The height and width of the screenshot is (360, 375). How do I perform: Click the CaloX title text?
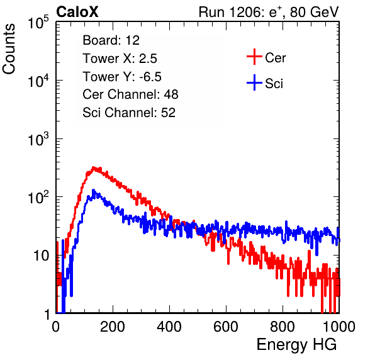coord(77,12)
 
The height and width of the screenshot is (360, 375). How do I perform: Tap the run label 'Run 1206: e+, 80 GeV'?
coord(269,12)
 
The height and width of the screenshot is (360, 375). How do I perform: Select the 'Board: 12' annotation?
coord(111,40)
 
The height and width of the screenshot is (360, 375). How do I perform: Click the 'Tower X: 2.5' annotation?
coord(120,59)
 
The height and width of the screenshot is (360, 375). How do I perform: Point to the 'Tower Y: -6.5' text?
coord(122,77)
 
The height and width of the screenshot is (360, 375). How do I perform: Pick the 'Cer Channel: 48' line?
coord(130,94)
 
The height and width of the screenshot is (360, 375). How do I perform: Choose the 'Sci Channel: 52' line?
coord(129,113)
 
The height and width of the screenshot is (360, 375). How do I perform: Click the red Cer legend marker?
coord(254,57)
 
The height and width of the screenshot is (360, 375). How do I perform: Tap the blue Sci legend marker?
coord(254,83)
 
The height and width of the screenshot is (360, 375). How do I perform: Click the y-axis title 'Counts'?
coord(9,49)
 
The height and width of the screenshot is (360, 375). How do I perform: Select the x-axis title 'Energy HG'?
coord(296,345)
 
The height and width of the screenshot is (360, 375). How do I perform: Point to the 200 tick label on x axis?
coord(113,327)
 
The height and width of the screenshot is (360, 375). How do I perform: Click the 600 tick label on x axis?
coord(226,327)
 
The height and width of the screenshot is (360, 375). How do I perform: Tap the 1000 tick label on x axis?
coord(339,327)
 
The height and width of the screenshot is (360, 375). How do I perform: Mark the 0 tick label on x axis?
coord(56,327)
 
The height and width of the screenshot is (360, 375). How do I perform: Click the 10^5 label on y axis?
coord(38,22)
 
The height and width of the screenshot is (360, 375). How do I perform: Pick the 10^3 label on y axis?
coord(38,139)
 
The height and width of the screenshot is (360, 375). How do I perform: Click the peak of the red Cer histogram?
coord(94,167)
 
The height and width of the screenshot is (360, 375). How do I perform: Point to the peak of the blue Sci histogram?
coord(93,190)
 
